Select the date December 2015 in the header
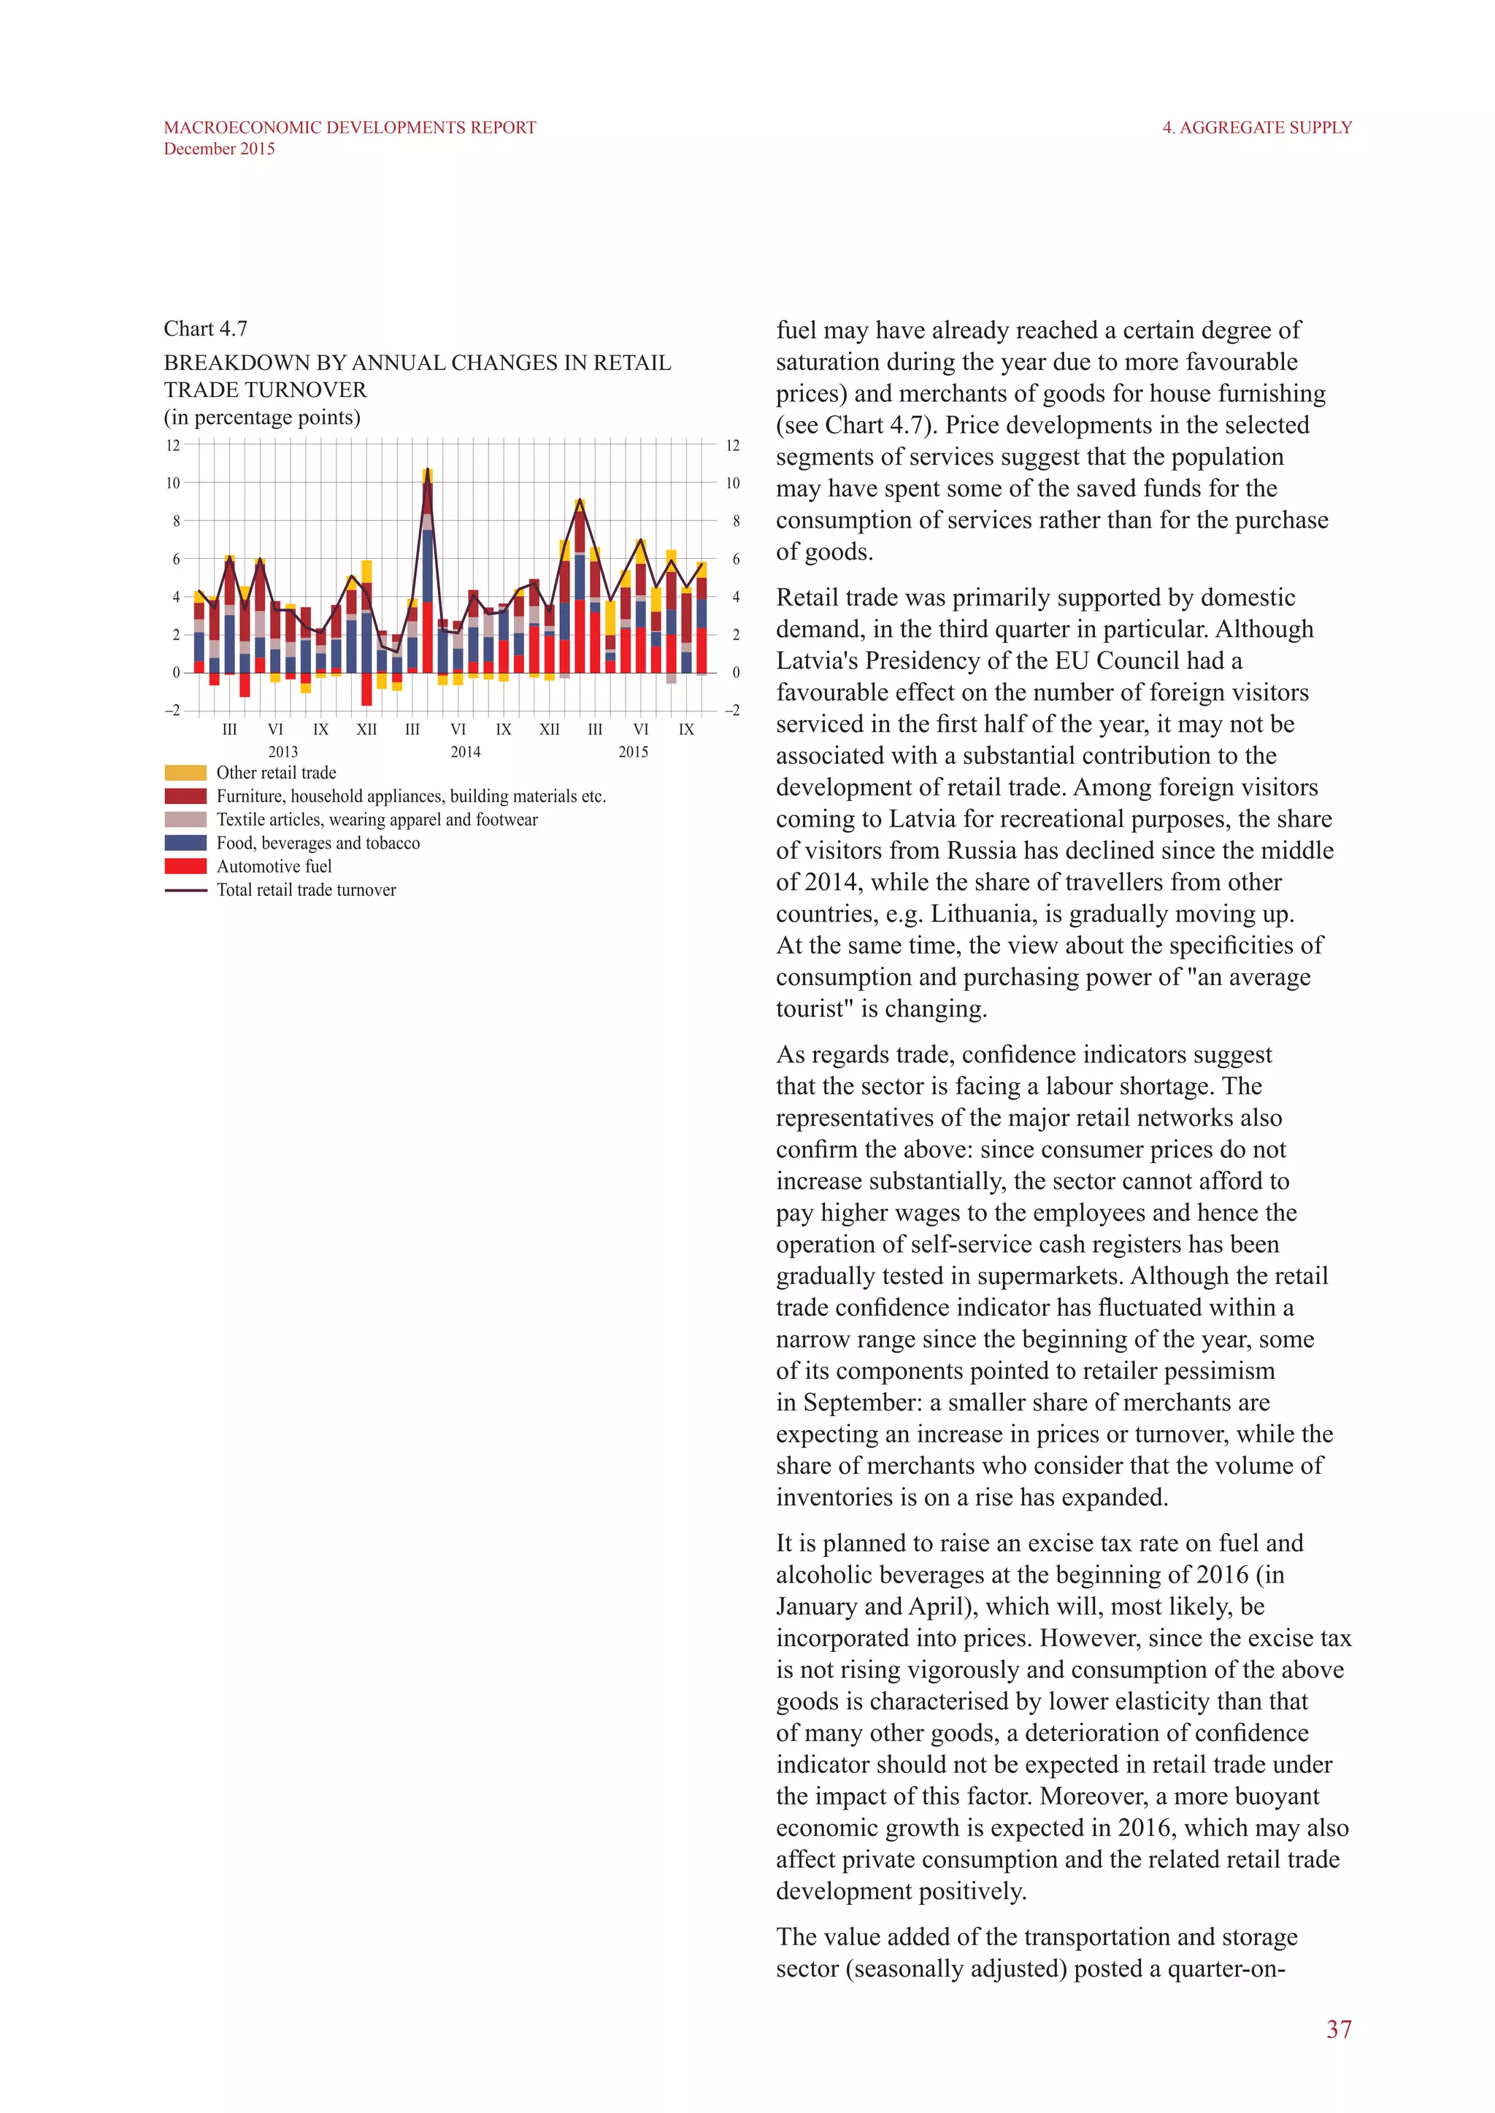(x=219, y=149)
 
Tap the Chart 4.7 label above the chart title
(x=205, y=328)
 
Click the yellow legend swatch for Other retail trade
(x=185, y=772)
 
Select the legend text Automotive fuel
(x=274, y=866)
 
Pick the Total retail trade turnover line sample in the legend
(x=185, y=890)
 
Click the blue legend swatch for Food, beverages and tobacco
(x=185, y=843)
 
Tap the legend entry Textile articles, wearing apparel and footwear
(x=377, y=819)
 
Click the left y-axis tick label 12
(x=172, y=445)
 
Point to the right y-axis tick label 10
(x=733, y=483)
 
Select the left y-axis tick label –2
(x=172, y=711)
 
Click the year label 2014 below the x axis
(x=465, y=752)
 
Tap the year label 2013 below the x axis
(x=283, y=752)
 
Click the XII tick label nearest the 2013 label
(x=366, y=730)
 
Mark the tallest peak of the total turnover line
(x=427, y=471)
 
